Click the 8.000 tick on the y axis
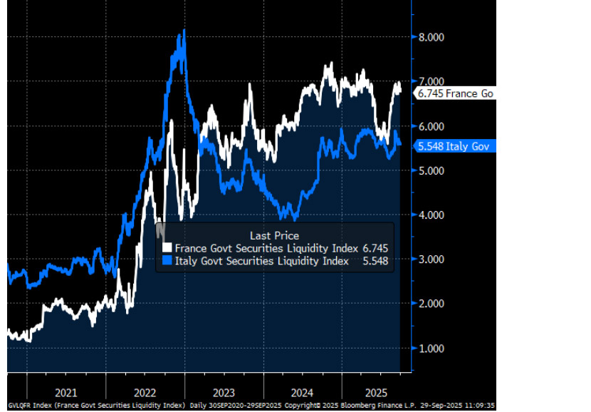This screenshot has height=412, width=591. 432,37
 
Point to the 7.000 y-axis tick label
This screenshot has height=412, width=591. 432,82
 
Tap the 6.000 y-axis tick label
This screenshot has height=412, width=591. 432,126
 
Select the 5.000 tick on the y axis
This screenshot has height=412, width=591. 432,171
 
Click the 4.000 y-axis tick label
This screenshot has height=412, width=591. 432,215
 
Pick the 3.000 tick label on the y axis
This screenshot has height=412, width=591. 432,259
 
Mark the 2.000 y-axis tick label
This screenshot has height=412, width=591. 432,304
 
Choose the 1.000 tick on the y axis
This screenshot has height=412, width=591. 432,349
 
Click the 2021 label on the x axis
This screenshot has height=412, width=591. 66,391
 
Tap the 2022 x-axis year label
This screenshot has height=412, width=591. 145,391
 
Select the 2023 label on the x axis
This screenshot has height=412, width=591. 224,391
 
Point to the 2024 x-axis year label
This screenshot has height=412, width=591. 302,391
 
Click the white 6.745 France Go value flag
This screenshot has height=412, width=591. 454,93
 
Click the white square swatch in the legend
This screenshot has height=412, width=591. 167,248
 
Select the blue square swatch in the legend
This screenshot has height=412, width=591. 167,261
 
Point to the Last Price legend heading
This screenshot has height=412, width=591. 274,235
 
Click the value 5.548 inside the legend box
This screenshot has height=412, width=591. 375,261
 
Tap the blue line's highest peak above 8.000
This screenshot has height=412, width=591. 184,30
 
